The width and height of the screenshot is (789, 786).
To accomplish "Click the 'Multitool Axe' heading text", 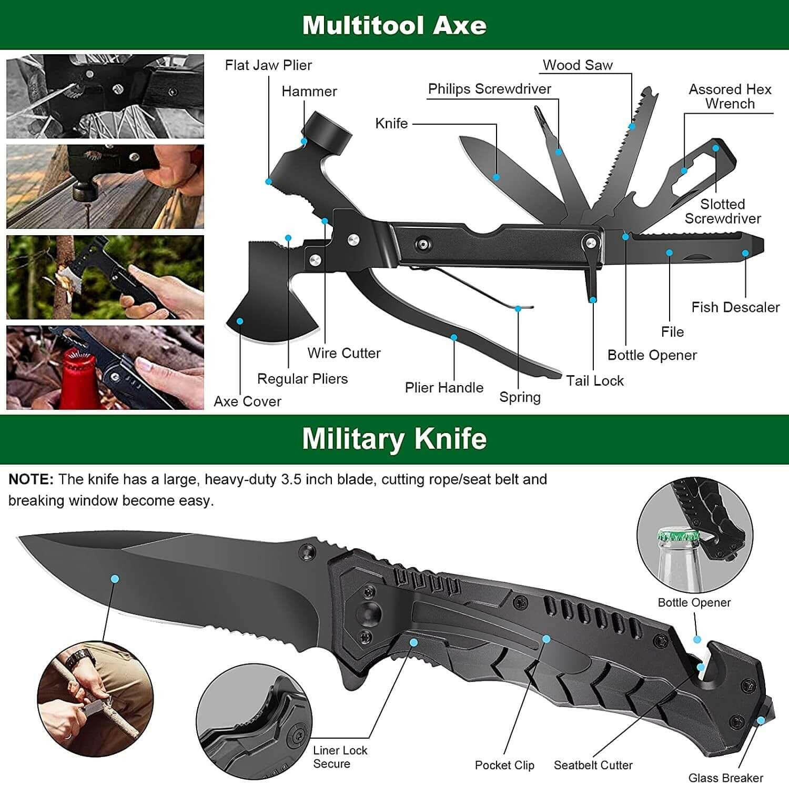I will (394, 25).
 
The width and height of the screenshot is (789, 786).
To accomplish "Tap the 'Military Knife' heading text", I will (394, 438).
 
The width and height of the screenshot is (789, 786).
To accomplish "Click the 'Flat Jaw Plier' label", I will (268, 65).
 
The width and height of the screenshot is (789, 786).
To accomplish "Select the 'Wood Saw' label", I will (578, 65).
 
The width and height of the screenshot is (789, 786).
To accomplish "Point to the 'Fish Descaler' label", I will (735, 307).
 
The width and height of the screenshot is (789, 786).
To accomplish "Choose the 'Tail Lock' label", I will (594, 380).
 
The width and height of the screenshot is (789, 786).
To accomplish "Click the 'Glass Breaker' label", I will (725, 778).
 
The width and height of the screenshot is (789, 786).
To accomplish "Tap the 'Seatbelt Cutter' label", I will (593, 765).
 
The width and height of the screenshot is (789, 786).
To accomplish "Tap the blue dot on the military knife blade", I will (115, 579).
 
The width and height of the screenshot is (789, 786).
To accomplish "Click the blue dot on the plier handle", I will (453, 337).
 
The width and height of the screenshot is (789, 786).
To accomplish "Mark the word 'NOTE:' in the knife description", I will (31, 479).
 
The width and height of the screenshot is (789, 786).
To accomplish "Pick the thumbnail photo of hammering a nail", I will (105, 187).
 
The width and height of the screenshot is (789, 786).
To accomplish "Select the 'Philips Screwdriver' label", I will (489, 89).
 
